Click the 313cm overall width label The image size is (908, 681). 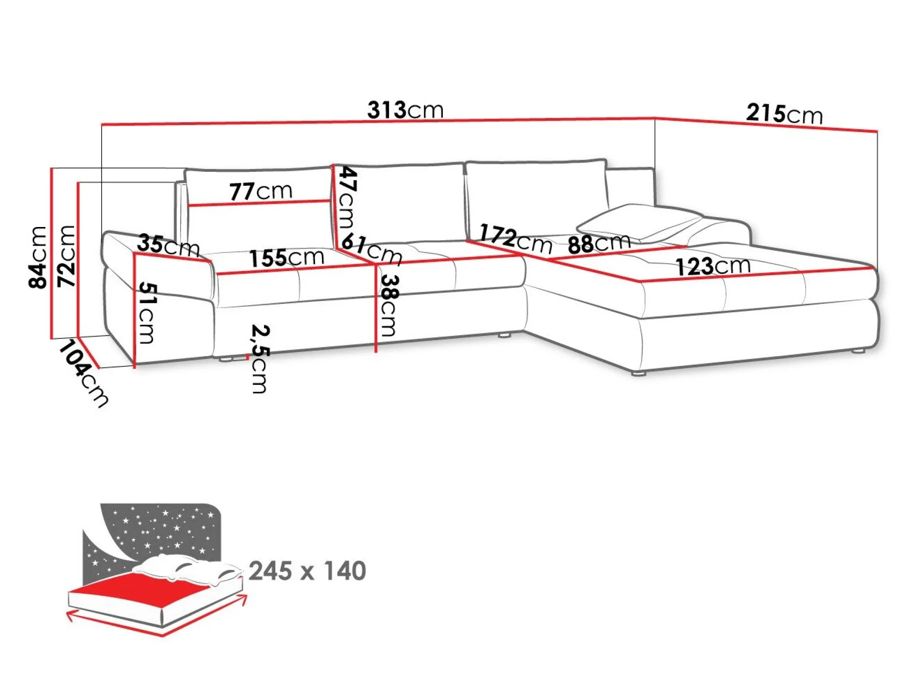[x=405, y=110]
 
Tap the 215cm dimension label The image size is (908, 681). [x=784, y=114]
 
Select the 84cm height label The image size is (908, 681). [x=38, y=257]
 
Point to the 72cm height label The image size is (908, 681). [x=66, y=256]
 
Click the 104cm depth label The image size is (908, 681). [x=84, y=373]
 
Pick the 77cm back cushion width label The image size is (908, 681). [x=261, y=191]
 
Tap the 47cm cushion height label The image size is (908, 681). [x=347, y=197]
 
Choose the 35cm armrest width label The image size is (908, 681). [x=168, y=245]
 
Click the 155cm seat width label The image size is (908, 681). [x=286, y=258]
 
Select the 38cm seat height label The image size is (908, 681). [x=389, y=305]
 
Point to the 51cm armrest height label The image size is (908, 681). [x=147, y=313]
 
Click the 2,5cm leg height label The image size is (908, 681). [x=260, y=359]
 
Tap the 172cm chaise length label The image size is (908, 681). [x=515, y=239]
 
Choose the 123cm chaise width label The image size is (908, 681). [x=713, y=266]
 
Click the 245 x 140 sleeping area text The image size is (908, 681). [x=307, y=571]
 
